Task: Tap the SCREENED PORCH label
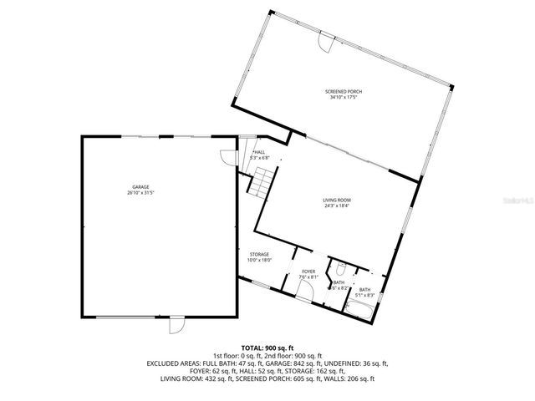click(x=344, y=91)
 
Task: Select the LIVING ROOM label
click(x=337, y=200)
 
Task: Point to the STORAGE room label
click(x=259, y=254)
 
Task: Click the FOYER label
click(x=308, y=272)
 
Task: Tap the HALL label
click(x=259, y=152)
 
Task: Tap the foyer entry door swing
click(x=305, y=293)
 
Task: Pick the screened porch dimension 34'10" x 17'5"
click(x=344, y=97)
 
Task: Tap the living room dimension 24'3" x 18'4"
click(x=337, y=206)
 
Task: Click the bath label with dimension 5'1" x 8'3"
click(x=365, y=292)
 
